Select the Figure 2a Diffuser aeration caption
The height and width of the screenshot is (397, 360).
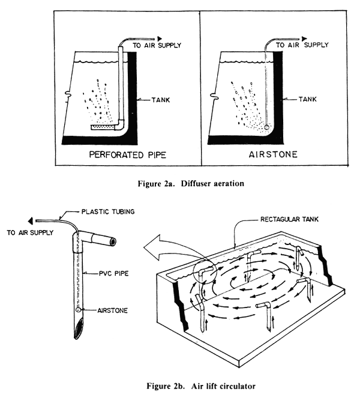coord(179,182)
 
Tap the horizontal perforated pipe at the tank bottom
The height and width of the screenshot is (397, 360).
coord(105,127)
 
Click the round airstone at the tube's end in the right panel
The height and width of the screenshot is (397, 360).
coord(265,127)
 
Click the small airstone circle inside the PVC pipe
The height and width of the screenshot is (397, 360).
coord(79,310)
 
